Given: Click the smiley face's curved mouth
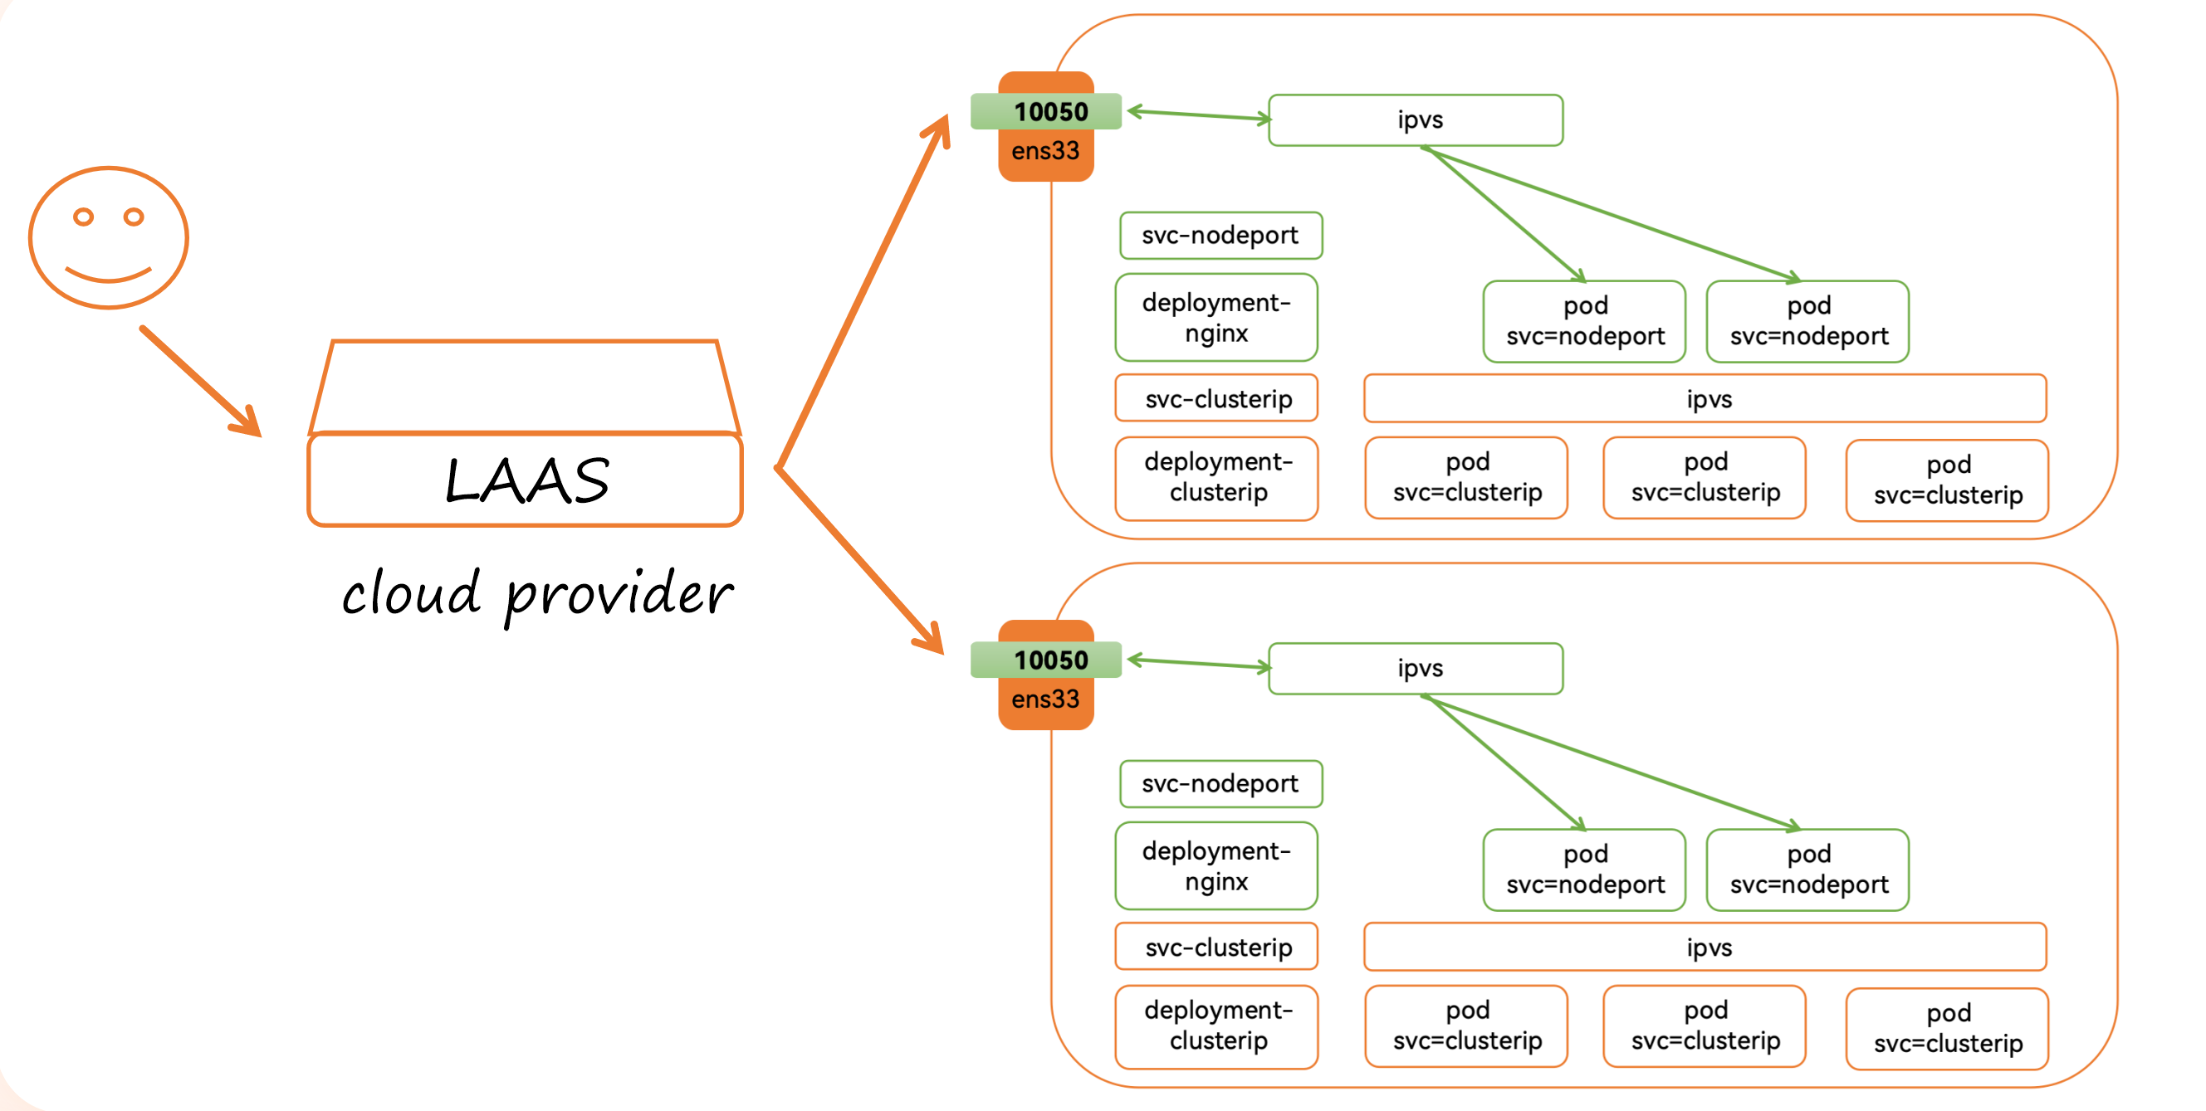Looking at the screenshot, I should (109, 275).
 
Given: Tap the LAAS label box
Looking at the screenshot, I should (525, 480).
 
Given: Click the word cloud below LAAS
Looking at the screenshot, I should (411, 593).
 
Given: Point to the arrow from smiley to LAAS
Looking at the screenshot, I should (200, 380).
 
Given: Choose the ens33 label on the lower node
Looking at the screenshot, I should (1045, 700).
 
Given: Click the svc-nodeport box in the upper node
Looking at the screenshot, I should (1220, 236).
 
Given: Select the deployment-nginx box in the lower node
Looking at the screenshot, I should (1216, 866).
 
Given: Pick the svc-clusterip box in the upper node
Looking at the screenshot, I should (1217, 399).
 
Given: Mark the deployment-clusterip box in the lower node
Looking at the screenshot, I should (1217, 1026).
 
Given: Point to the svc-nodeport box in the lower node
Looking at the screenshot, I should (1220, 783).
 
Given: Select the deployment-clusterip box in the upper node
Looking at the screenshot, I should (1217, 478).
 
